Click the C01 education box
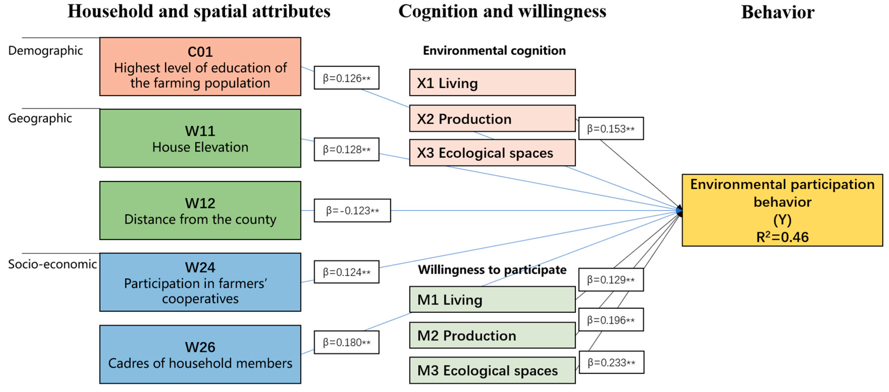click(200, 67)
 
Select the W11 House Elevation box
click(200, 138)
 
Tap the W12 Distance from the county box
click(200, 210)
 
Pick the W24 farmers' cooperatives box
click(200, 282)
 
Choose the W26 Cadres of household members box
click(200, 354)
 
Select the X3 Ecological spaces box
click(492, 153)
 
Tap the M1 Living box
click(492, 300)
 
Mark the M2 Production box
click(492, 335)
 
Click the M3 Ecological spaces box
click(492, 370)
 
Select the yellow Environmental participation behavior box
click(782, 210)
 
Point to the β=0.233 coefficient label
click(611, 362)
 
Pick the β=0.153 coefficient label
click(611, 129)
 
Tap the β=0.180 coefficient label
click(347, 342)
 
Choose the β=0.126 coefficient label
click(347, 78)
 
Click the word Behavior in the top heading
click(778, 12)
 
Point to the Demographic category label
click(46, 50)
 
